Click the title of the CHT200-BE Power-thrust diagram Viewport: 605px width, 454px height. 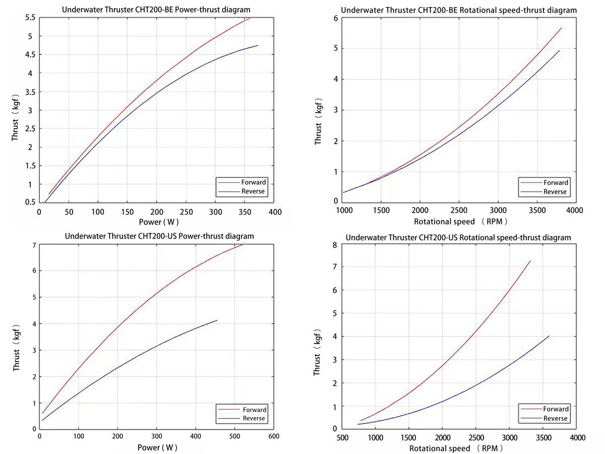pyautogui.click(x=156, y=9)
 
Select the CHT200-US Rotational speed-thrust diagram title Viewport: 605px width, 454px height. pyautogui.click(x=458, y=238)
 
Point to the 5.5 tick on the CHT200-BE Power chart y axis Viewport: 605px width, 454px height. pyautogui.click(x=30, y=18)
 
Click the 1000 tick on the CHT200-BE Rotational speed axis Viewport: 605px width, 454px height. pyautogui.click(x=344, y=210)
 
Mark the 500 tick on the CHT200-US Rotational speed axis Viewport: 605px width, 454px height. pyautogui.click(x=343, y=437)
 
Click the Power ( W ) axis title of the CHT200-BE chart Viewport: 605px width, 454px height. pyautogui.click(x=156, y=221)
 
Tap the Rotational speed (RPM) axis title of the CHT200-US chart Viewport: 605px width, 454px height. pyautogui.click(x=456, y=448)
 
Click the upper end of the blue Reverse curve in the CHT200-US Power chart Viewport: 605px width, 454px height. pyautogui.click(x=217, y=320)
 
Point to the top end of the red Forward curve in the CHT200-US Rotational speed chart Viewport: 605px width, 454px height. pyautogui.click(x=530, y=261)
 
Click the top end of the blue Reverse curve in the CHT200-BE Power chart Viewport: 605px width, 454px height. pyautogui.click(x=258, y=45)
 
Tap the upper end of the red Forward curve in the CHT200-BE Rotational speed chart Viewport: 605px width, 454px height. pyautogui.click(x=561, y=28)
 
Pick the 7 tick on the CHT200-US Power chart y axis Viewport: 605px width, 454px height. pyautogui.click(x=33, y=245)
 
